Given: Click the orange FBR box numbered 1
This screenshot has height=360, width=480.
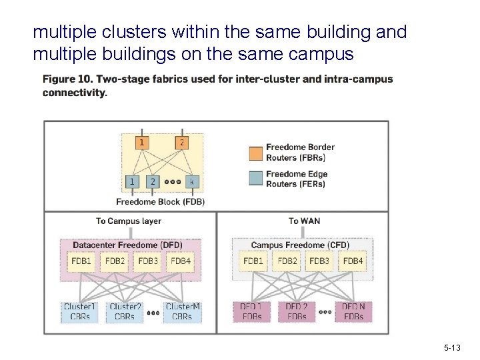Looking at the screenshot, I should tap(141, 142).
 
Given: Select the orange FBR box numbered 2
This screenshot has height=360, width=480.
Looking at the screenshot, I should tap(181, 142).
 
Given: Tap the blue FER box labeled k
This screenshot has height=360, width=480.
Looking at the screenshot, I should tap(191, 181).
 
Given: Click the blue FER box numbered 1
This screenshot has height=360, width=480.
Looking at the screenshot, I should tap(132, 181).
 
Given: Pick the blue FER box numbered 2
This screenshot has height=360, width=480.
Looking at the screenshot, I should tap(153, 181).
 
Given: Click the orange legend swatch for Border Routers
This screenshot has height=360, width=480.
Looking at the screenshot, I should tap(255, 153).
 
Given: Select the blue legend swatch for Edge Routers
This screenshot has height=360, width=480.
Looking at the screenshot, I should tap(255, 179).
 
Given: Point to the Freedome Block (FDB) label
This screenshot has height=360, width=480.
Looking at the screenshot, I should tap(160, 201).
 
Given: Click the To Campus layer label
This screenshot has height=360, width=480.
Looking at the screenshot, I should tap(129, 221).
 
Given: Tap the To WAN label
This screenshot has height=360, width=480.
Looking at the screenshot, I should tap(304, 221).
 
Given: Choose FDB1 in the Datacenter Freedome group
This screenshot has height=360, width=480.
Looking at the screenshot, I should tap(81, 261).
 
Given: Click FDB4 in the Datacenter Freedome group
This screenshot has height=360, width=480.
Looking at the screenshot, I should tap(181, 261).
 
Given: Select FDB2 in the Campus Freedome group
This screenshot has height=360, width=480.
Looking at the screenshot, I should tap(287, 261).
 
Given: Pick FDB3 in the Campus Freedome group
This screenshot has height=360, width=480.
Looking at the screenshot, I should tap(321, 261).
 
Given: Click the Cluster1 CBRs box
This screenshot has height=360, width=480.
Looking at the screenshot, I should tap(80, 311).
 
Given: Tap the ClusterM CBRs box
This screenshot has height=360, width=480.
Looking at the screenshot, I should tap(182, 311).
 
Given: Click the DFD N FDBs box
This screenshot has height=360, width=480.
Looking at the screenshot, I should tap(353, 311).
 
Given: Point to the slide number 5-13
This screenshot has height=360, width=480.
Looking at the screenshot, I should tap(451, 348).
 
